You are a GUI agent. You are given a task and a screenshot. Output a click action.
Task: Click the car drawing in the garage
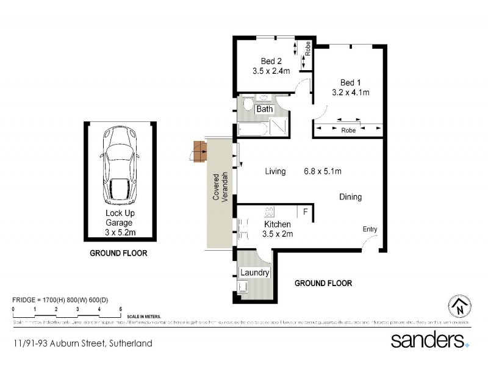pyautogui.click(x=120, y=165)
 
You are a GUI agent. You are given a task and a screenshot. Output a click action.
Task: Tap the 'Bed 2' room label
pyautogui.click(x=271, y=61)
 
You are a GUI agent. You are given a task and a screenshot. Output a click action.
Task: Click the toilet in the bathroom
pyautogui.click(x=247, y=106)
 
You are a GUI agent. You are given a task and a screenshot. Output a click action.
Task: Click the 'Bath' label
pyautogui.click(x=264, y=109)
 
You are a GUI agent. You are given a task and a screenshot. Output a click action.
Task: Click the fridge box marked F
pyautogui.click(x=305, y=212)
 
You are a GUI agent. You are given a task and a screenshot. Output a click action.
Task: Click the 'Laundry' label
pyautogui.click(x=254, y=273)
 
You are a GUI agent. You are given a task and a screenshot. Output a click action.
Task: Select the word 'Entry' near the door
pyautogui.click(x=370, y=229)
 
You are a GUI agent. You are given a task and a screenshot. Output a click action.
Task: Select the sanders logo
pyautogui.click(x=429, y=340)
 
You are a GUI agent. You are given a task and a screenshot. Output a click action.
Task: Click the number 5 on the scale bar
pyautogui.click(x=121, y=310)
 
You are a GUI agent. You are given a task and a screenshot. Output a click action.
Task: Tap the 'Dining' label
pyautogui.click(x=351, y=197)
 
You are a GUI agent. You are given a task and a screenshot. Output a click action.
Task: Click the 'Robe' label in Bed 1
pyautogui.click(x=348, y=130)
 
